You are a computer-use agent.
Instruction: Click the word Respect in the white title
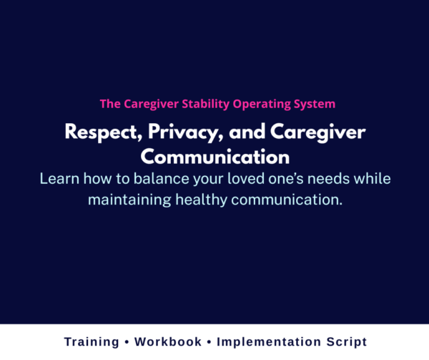point(97,132)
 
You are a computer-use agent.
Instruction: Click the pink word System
point(313,104)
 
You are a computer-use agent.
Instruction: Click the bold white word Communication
point(214,156)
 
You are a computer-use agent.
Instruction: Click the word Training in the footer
point(92,342)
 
